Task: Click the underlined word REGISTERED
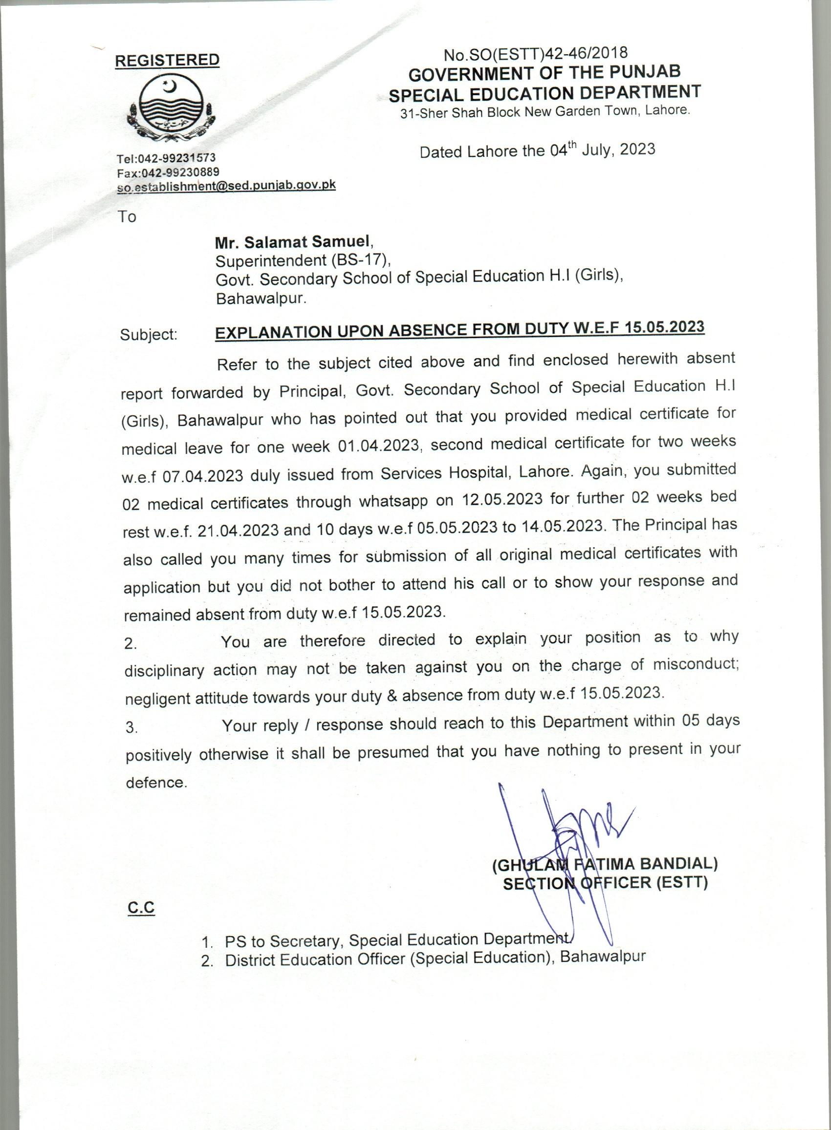[x=167, y=60]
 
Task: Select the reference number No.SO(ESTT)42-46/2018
[x=535, y=53]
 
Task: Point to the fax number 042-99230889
[x=179, y=172]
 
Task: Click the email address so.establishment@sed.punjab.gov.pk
[x=226, y=186]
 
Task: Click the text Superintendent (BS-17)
[x=302, y=260]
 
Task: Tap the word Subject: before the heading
[x=149, y=334]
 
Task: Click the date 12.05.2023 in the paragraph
[x=500, y=499]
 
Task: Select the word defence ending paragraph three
[x=155, y=783]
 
